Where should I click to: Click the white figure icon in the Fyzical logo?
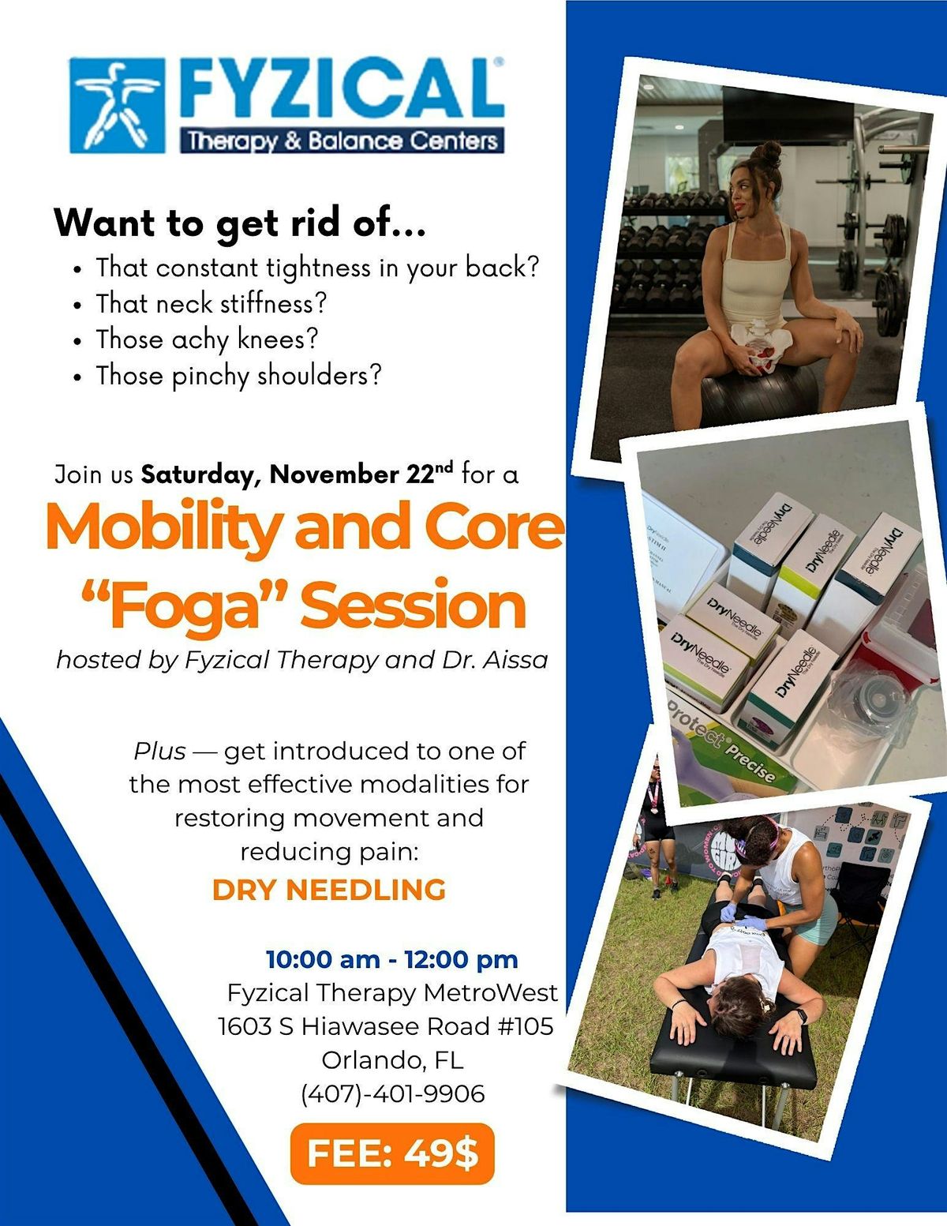[x=118, y=105]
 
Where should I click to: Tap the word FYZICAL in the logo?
[x=342, y=88]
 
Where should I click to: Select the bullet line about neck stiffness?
[x=211, y=303]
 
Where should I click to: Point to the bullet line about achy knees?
[x=207, y=339]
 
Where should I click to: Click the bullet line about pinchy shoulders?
[x=238, y=376]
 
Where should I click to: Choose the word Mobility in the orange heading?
[x=163, y=527]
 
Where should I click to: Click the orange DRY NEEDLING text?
[x=329, y=890]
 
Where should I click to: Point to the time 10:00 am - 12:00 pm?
[x=392, y=959]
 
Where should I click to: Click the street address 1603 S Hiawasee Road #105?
[x=386, y=1026]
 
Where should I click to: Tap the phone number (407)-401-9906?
[x=393, y=1093]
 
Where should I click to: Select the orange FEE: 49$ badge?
[x=392, y=1154]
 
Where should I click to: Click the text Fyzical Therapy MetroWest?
[x=392, y=992]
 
